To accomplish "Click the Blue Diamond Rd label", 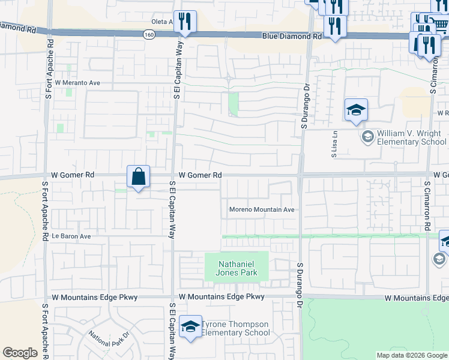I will pos(292,37).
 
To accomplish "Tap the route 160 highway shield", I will pos(148,35).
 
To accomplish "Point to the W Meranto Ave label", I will pos(77,83).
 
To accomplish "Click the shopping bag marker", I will pos(138,178).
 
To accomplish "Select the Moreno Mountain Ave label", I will pos(262,210).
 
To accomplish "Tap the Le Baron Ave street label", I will pos(71,236).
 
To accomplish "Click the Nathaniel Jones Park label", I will pos(237,268).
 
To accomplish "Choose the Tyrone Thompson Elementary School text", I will pos(235,328).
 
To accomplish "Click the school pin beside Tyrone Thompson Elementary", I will pos(190,327).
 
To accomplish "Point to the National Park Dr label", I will pos(109,342).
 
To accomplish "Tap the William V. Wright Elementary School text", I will pos(411,138).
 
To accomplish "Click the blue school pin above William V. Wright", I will pos(356,110).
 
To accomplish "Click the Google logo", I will pos(20,353).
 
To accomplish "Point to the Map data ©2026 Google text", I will pos(411,355).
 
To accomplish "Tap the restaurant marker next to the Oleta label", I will pos(185,23).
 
